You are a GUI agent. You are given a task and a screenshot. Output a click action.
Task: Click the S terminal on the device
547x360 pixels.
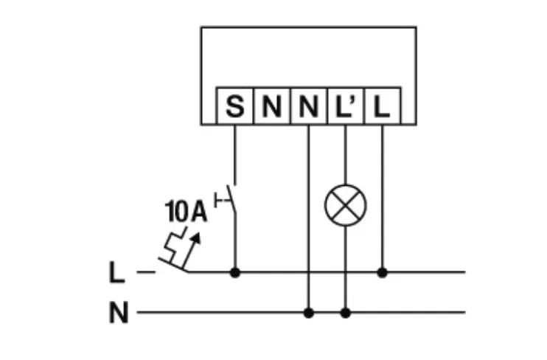234,108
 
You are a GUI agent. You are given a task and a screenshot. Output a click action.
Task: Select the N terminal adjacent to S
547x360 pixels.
271,108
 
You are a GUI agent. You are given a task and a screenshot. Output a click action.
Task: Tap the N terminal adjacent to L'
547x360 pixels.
308,108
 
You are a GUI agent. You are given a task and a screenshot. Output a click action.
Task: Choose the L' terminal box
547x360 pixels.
345,108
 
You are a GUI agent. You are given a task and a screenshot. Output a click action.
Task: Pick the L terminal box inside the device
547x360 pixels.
381,108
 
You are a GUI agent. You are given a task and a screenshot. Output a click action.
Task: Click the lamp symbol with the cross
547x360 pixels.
345,205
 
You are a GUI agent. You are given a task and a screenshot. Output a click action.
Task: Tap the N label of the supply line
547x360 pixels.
117,314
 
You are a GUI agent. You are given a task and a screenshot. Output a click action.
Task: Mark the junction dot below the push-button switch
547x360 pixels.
235,272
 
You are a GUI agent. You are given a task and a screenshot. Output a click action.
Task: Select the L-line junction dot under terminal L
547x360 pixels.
382,272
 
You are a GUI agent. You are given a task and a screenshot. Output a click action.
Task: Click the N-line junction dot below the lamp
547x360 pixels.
345,313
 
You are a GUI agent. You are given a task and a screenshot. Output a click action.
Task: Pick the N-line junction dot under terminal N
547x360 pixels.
308,313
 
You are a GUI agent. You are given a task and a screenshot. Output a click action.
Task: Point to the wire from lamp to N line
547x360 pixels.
345,266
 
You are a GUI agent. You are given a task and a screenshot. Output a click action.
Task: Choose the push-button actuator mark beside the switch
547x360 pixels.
218,198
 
